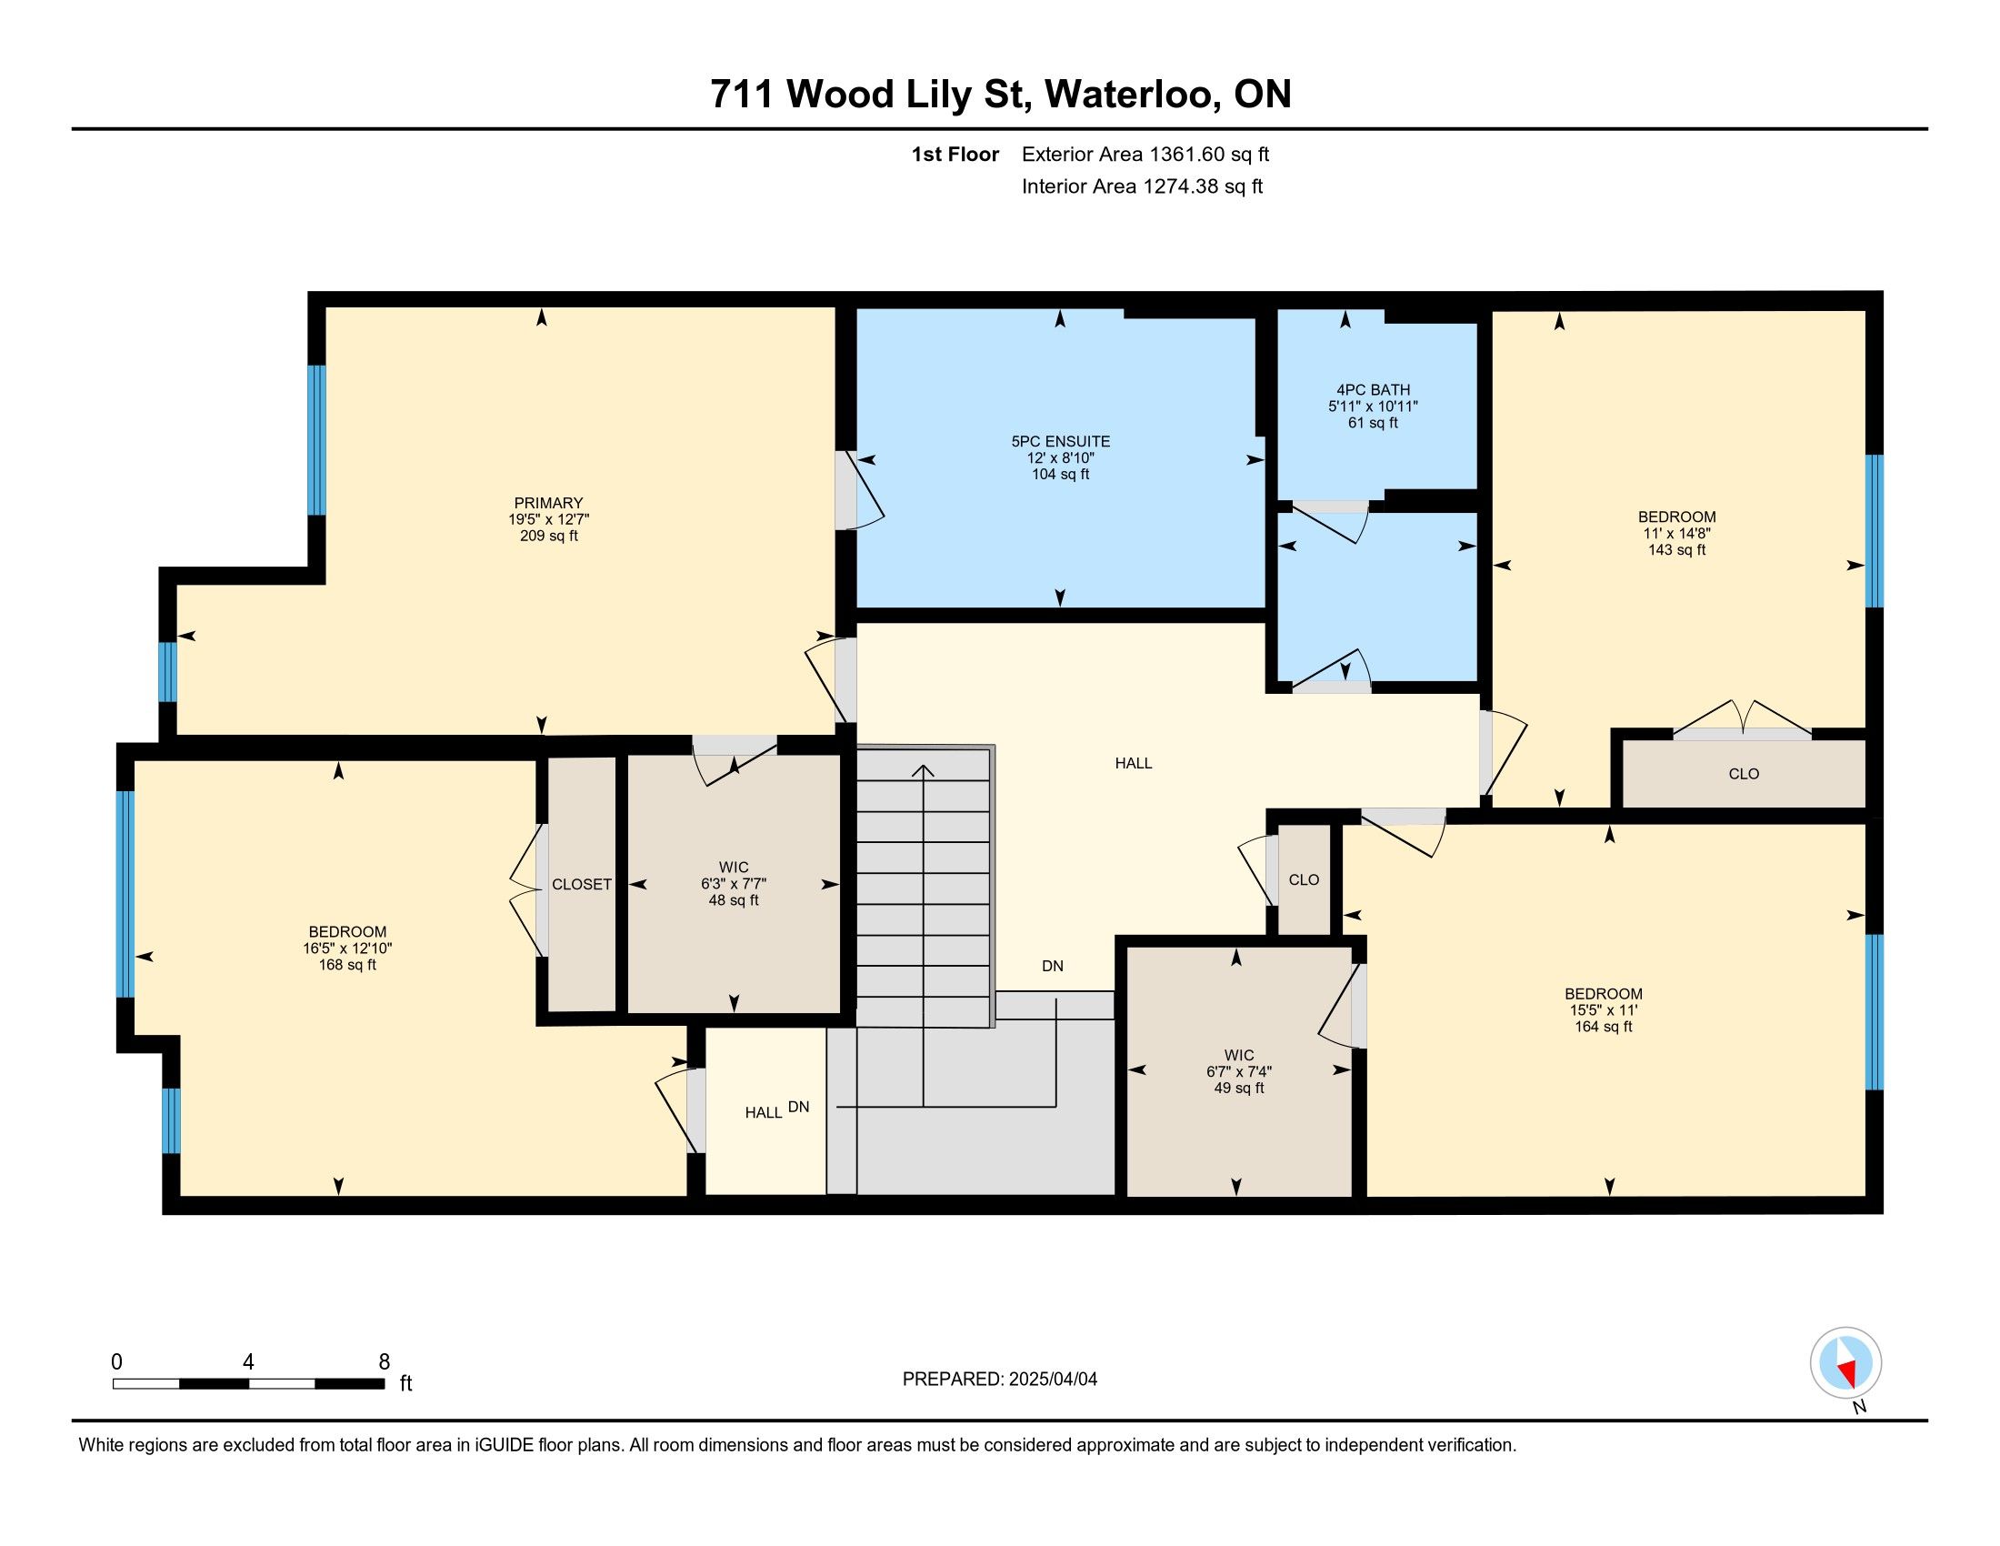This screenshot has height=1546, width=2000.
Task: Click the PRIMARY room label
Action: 548,503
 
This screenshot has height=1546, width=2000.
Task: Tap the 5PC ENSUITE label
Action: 1060,441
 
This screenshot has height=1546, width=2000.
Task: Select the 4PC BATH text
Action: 1373,390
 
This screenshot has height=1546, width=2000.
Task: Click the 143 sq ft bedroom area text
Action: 1676,550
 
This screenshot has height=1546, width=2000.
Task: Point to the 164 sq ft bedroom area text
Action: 1604,1027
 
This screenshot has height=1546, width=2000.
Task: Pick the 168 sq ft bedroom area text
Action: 347,965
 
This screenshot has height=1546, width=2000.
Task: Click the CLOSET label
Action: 582,885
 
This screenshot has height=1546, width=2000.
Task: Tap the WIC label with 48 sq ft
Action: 734,868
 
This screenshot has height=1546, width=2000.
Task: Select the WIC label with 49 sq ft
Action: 1239,1055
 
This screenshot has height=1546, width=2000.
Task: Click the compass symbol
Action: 1845,1363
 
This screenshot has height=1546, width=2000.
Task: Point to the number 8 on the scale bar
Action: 385,1362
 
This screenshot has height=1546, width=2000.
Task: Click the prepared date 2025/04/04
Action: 1052,1380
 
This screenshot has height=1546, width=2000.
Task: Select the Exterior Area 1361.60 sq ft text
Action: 1145,155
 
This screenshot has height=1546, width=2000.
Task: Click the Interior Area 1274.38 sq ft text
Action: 1142,186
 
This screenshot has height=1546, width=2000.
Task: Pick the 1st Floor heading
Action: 955,155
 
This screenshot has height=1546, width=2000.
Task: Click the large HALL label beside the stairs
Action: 1134,763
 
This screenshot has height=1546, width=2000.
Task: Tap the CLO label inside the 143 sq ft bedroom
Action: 1744,774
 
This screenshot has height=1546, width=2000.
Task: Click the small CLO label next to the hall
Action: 1304,880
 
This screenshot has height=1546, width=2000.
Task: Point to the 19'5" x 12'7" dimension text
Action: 548,519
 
